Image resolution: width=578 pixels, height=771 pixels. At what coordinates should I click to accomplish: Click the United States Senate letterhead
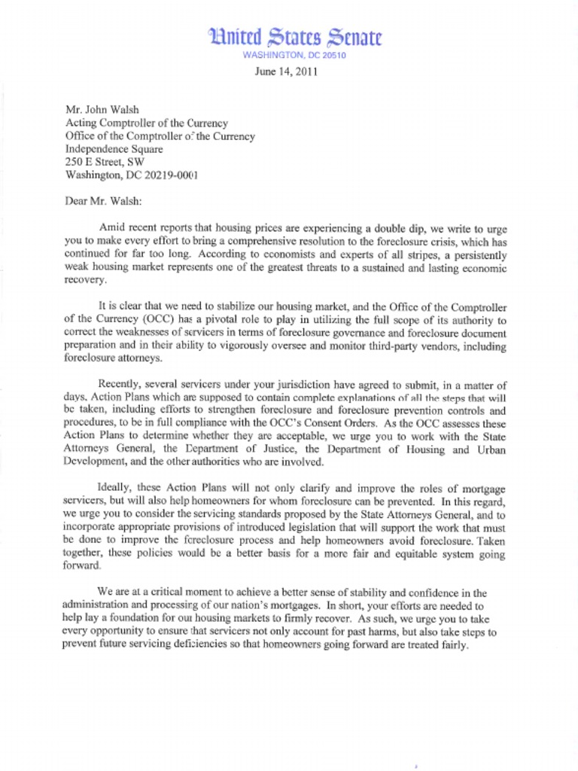coord(295,37)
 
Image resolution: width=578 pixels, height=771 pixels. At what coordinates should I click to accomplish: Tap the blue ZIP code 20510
coord(330,56)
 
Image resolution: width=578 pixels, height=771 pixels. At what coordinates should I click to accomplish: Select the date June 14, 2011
coord(287,72)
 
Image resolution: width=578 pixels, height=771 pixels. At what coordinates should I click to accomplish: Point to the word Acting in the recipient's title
coord(82,123)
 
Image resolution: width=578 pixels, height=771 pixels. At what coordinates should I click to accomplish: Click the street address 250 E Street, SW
coord(105,163)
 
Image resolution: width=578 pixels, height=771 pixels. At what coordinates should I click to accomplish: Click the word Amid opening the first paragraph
coord(112,227)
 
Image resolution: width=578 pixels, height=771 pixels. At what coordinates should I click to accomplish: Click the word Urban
coord(489,449)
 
